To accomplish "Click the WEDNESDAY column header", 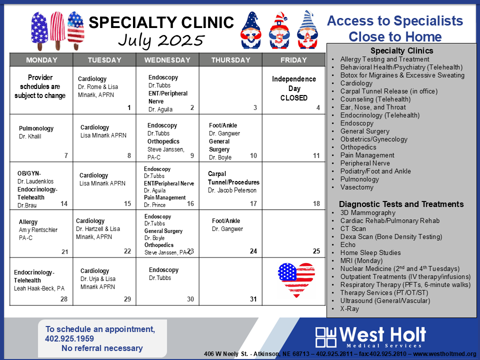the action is [x=167, y=60].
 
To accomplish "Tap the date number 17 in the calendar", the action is [x=253, y=203].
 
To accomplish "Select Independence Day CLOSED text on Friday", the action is [x=294, y=88].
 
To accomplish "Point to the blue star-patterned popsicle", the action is [x=39, y=30].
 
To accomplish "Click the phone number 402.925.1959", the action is [x=69, y=338].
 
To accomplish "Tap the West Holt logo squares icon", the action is [x=325, y=337].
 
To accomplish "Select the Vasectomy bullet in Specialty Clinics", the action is [x=357, y=187].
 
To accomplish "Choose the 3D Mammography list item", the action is [x=368, y=213].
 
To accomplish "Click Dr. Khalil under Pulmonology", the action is [x=30, y=136].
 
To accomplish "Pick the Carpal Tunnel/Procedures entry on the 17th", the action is [x=233, y=178].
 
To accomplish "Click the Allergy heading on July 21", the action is [x=28, y=222].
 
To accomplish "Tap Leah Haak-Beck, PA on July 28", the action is [x=39, y=288].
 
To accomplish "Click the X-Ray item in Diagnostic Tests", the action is [x=349, y=308].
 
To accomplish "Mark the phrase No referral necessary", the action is [x=102, y=348].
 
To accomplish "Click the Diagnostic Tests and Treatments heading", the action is [x=401, y=204].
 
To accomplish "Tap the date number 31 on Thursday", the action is [x=253, y=299].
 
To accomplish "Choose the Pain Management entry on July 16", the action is [x=164, y=197].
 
